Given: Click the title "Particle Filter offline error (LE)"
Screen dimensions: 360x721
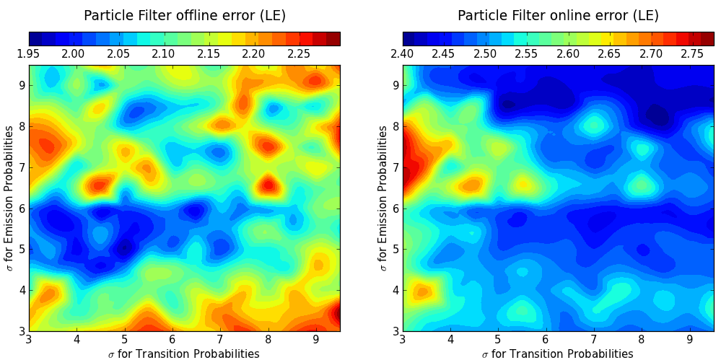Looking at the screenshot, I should pos(184,16).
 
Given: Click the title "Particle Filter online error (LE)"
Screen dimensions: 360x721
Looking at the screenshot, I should pos(558,16).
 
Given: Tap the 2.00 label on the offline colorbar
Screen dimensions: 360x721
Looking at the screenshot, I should pos(73,53).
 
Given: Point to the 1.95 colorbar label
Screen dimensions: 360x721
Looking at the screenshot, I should pos(28,53).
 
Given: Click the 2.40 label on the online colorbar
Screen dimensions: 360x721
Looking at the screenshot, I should pos(402,53).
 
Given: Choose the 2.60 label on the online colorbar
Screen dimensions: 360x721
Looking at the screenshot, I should pos(568,53).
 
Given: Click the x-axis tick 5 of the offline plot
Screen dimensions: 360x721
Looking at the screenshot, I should pos(124,338).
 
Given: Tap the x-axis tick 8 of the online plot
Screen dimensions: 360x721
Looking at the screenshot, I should pos(641,338).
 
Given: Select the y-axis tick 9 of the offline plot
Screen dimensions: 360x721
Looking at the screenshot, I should pos(21,85).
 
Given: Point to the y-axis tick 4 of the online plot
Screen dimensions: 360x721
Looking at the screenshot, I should pos(395,290).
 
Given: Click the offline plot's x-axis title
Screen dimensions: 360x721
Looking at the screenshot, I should pos(184,353).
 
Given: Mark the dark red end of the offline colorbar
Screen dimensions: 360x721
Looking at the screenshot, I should pos(333,39).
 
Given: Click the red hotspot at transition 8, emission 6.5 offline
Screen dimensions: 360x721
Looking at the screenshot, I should pos(268,185).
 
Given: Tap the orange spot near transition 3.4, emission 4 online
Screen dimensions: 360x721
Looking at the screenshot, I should pos(423,292).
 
